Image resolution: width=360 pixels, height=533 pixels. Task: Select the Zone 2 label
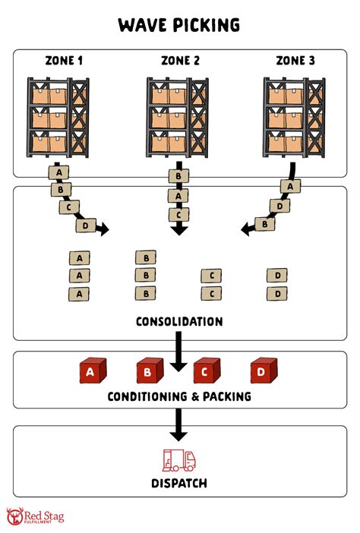179,60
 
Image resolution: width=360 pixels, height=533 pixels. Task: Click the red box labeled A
90,372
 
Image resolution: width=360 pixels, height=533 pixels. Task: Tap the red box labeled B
147,372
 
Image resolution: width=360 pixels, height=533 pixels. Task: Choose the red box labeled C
204,372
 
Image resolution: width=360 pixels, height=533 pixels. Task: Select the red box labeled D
262,372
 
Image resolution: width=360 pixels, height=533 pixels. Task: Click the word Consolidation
179,321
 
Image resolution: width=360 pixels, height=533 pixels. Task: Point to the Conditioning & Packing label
179,396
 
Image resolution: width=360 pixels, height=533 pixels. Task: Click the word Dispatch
179,483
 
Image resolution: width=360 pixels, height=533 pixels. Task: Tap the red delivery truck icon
179,460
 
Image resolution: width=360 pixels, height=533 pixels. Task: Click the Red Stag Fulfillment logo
35,517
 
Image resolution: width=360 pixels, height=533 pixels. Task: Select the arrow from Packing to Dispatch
179,424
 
